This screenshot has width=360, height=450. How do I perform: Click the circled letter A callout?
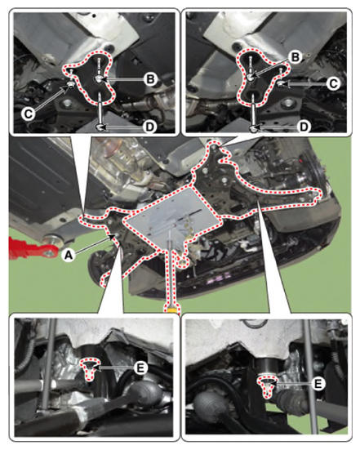point(69,254)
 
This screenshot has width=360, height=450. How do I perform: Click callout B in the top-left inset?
point(149,79)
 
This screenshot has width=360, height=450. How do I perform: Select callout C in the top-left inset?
point(28,114)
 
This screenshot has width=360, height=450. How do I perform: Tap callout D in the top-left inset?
point(149,127)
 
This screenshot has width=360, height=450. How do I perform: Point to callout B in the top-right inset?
point(296,57)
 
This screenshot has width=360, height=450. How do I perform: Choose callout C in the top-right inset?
point(333,84)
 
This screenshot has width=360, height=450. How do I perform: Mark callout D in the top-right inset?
point(304,127)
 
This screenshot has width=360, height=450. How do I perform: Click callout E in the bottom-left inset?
point(140,368)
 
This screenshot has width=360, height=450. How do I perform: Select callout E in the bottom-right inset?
point(318,384)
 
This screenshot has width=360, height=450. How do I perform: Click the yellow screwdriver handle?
point(171,310)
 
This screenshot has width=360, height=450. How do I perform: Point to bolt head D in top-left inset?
point(100,127)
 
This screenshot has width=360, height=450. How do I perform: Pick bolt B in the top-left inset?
point(99,79)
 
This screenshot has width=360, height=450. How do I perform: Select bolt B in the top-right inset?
point(251,77)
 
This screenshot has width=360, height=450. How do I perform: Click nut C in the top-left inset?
point(70,84)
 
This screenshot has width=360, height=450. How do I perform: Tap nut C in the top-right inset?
point(281,83)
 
